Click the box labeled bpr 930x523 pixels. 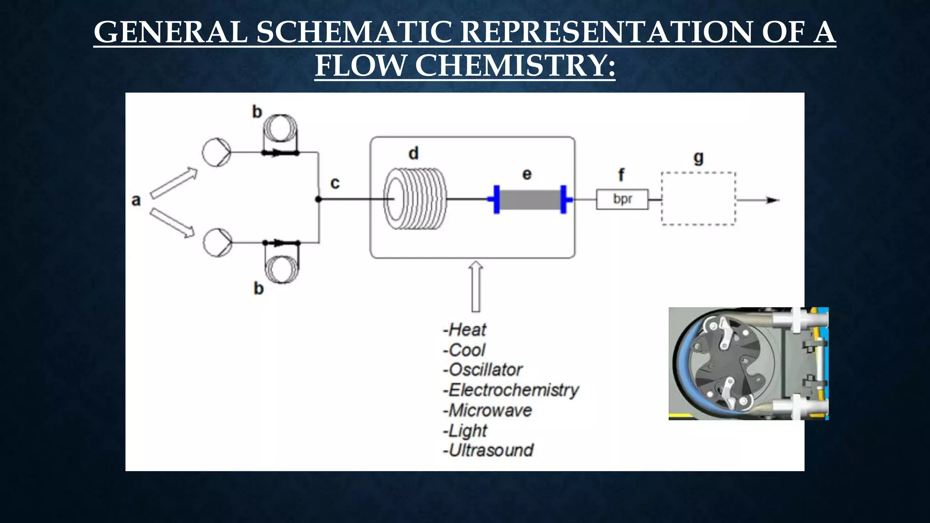tap(622, 199)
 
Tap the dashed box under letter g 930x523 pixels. tap(698, 199)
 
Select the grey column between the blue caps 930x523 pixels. tap(529, 200)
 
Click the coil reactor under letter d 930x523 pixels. tap(415, 199)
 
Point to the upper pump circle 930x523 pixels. tap(217, 153)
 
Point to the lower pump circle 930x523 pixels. tap(218, 242)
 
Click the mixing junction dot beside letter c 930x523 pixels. tap(318, 199)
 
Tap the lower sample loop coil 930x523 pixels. tap(282, 269)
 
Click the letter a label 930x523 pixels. tap(136, 200)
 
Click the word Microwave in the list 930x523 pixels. tap(490, 410)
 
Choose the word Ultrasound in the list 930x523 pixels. tap(491, 450)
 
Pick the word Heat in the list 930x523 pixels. tap(467, 330)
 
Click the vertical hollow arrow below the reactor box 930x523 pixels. tap(475, 287)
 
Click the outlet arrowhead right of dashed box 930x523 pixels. tap(772, 200)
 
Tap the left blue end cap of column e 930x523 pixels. tap(496, 199)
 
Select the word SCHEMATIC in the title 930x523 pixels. tap(355, 32)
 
